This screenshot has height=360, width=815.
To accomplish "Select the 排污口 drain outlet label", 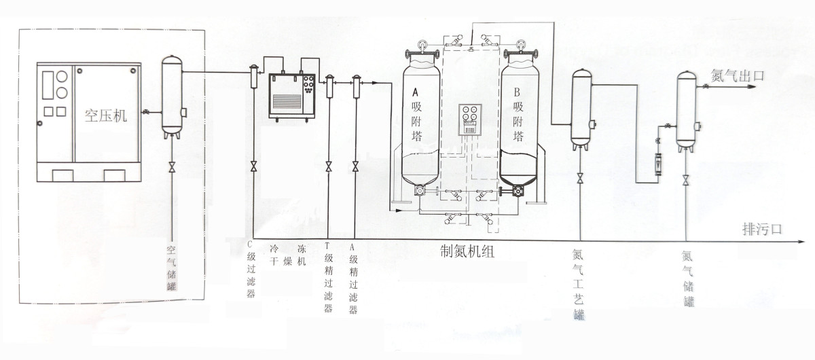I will coord(761,230).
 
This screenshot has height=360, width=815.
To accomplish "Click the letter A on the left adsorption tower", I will coord(416,92).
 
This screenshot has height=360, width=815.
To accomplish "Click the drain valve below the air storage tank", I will coord(172,167).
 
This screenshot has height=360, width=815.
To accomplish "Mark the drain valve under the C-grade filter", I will coord(253,166).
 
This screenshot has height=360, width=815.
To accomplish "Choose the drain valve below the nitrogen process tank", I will coord(581,179).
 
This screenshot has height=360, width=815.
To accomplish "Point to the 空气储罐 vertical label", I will coord(172,269).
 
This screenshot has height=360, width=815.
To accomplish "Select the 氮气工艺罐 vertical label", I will coord(579,285).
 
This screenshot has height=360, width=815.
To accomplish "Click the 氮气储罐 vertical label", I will coord(687,278).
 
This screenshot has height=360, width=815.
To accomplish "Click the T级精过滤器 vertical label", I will coord(329,278).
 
